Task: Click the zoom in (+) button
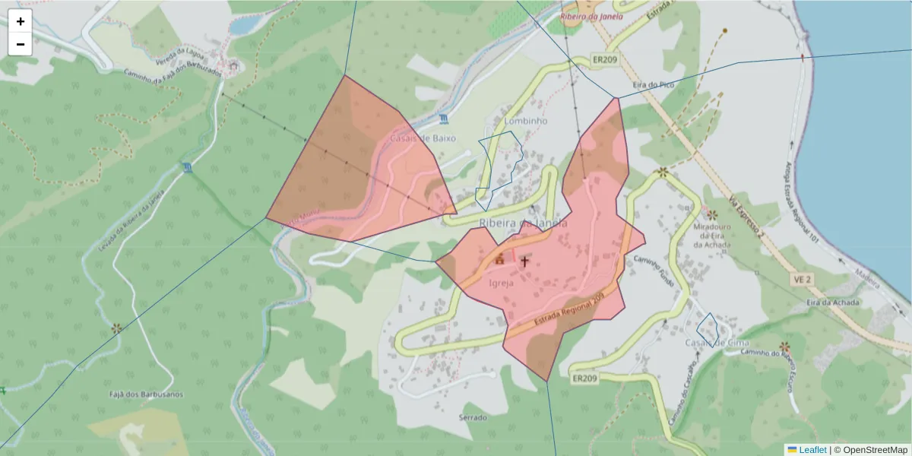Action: pyautogui.click(x=21, y=21)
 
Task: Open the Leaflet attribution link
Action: pyautogui.click(x=812, y=449)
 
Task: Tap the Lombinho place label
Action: pyautogui.click(x=525, y=121)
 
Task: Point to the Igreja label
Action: pyautogui.click(x=502, y=283)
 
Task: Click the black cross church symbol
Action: pyautogui.click(x=524, y=261)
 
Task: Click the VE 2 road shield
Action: pyautogui.click(x=803, y=280)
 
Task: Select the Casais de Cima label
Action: pyautogui.click(x=717, y=342)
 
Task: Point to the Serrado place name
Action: pyautogui.click(x=472, y=417)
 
